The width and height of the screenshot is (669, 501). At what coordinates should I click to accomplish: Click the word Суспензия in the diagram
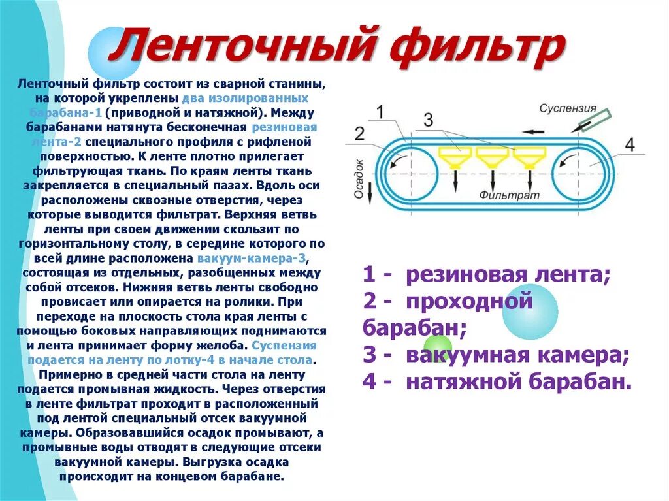[x=568, y=108]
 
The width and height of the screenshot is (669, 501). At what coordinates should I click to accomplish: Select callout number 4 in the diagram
[x=628, y=144]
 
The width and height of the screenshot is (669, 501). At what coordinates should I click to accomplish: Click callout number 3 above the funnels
[x=428, y=120]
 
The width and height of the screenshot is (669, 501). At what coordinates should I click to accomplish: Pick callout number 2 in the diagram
[x=359, y=134]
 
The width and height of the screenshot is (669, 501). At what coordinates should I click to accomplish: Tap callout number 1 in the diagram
[x=380, y=112]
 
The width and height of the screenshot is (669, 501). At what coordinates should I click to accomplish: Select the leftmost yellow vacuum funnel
[x=455, y=157]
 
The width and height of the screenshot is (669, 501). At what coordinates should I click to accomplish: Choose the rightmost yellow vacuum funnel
[x=529, y=157]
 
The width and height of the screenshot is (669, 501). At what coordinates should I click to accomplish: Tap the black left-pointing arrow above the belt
[x=534, y=132]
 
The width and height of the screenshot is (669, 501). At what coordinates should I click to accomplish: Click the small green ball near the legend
[x=438, y=347]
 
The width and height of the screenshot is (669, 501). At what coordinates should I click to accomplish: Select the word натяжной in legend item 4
[x=468, y=381]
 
